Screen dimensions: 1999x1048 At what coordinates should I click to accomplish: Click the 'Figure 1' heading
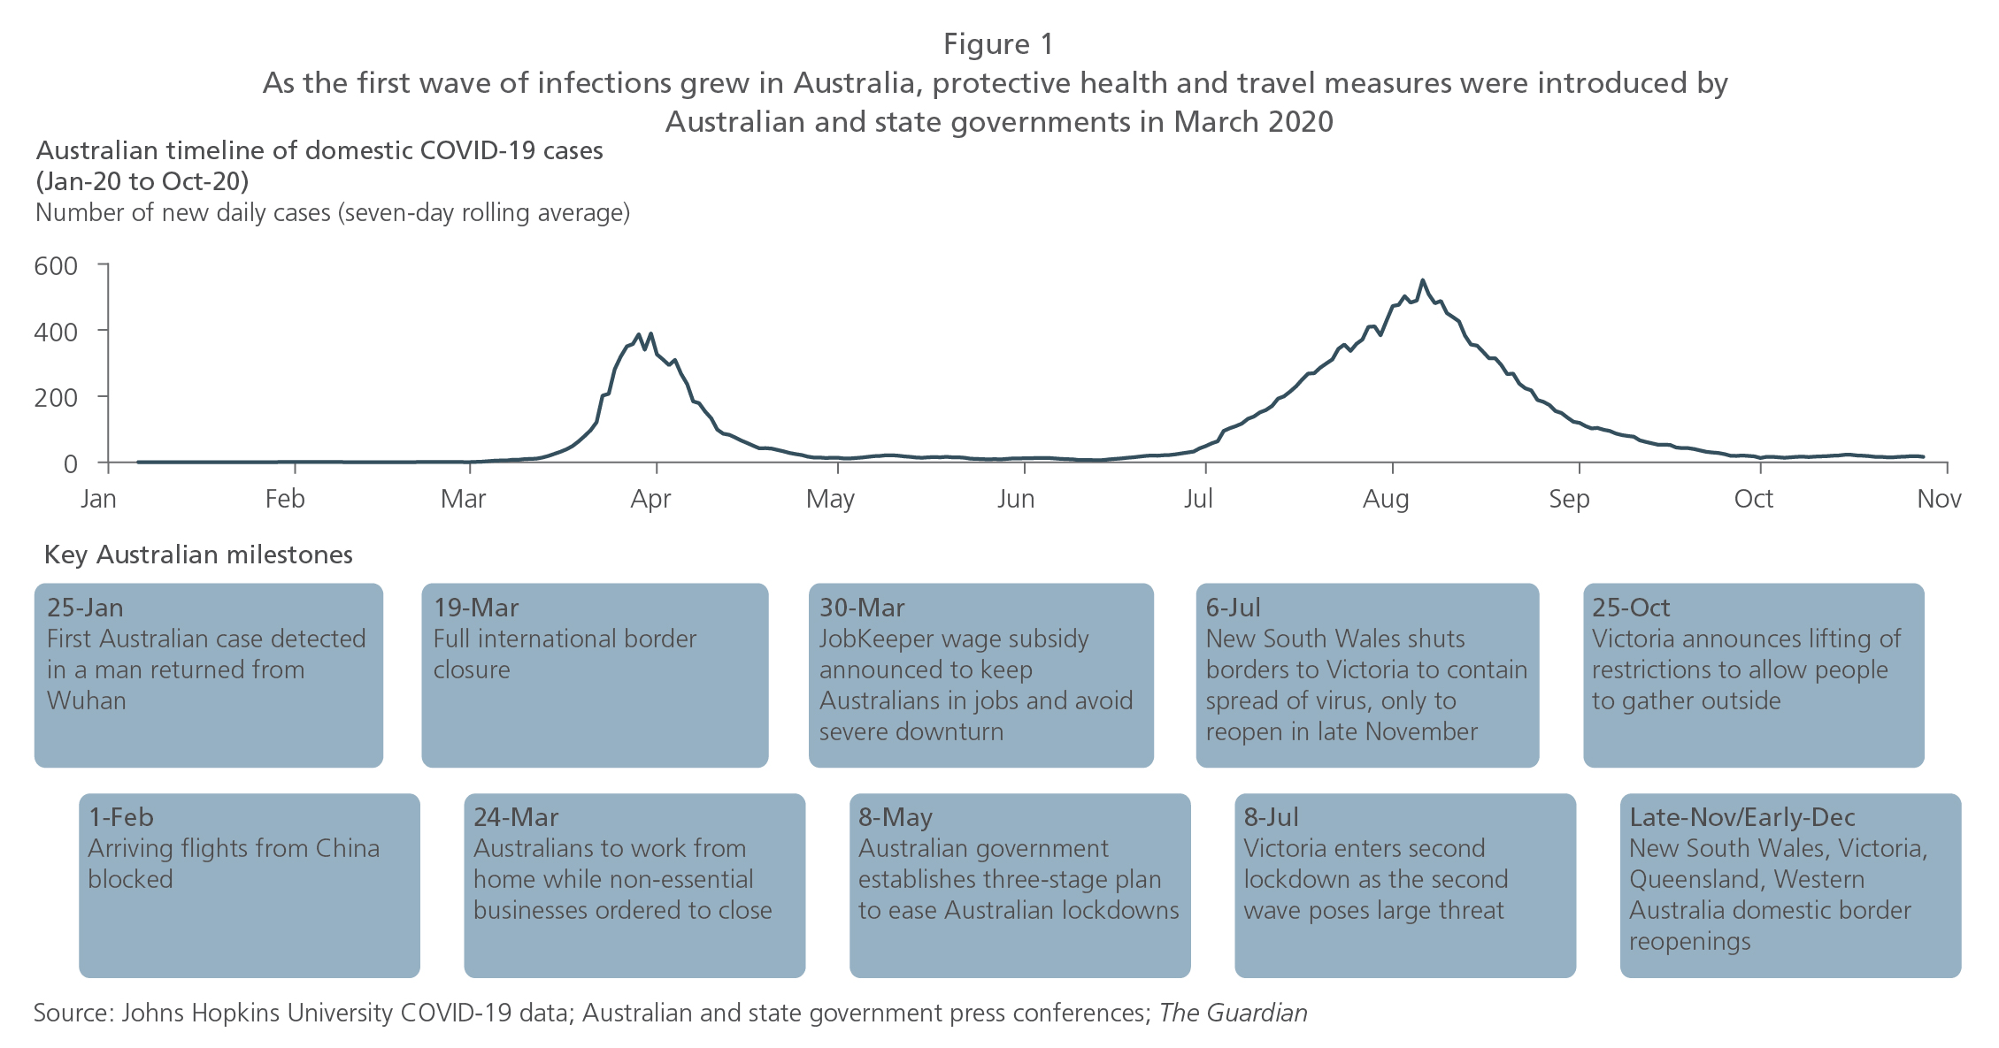click(x=998, y=44)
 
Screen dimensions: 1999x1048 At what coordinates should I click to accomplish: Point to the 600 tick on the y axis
click(x=103, y=264)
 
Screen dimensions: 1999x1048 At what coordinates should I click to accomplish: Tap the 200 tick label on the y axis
click(x=57, y=397)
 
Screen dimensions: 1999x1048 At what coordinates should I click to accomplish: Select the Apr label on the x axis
click(x=650, y=499)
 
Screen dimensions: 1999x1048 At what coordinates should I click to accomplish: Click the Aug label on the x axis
click(x=1386, y=499)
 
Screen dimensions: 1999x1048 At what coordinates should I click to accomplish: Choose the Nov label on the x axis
click(x=1939, y=499)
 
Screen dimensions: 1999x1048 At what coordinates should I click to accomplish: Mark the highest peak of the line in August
click(x=1422, y=280)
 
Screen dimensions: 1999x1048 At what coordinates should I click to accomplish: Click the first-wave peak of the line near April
click(x=651, y=334)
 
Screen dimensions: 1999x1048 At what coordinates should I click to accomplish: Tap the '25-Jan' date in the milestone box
click(x=85, y=608)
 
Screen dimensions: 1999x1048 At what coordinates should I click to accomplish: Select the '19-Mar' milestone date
click(x=476, y=608)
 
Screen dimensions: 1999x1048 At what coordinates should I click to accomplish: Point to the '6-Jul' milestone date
click(x=1234, y=608)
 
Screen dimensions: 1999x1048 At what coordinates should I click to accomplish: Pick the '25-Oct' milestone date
click(x=1631, y=608)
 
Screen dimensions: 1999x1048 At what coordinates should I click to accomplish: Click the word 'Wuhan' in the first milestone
click(x=87, y=700)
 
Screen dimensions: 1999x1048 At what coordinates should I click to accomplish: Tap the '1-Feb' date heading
click(x=121, y=817)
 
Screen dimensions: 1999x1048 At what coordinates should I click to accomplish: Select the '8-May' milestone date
click(x=896, y=817)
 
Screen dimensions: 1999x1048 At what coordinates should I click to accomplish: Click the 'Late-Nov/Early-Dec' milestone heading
click(x=1742, y=817)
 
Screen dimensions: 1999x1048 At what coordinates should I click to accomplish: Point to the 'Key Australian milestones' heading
click(x=198, y=555)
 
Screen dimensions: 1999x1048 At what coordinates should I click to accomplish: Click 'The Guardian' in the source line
click(x=1234, y=1013)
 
